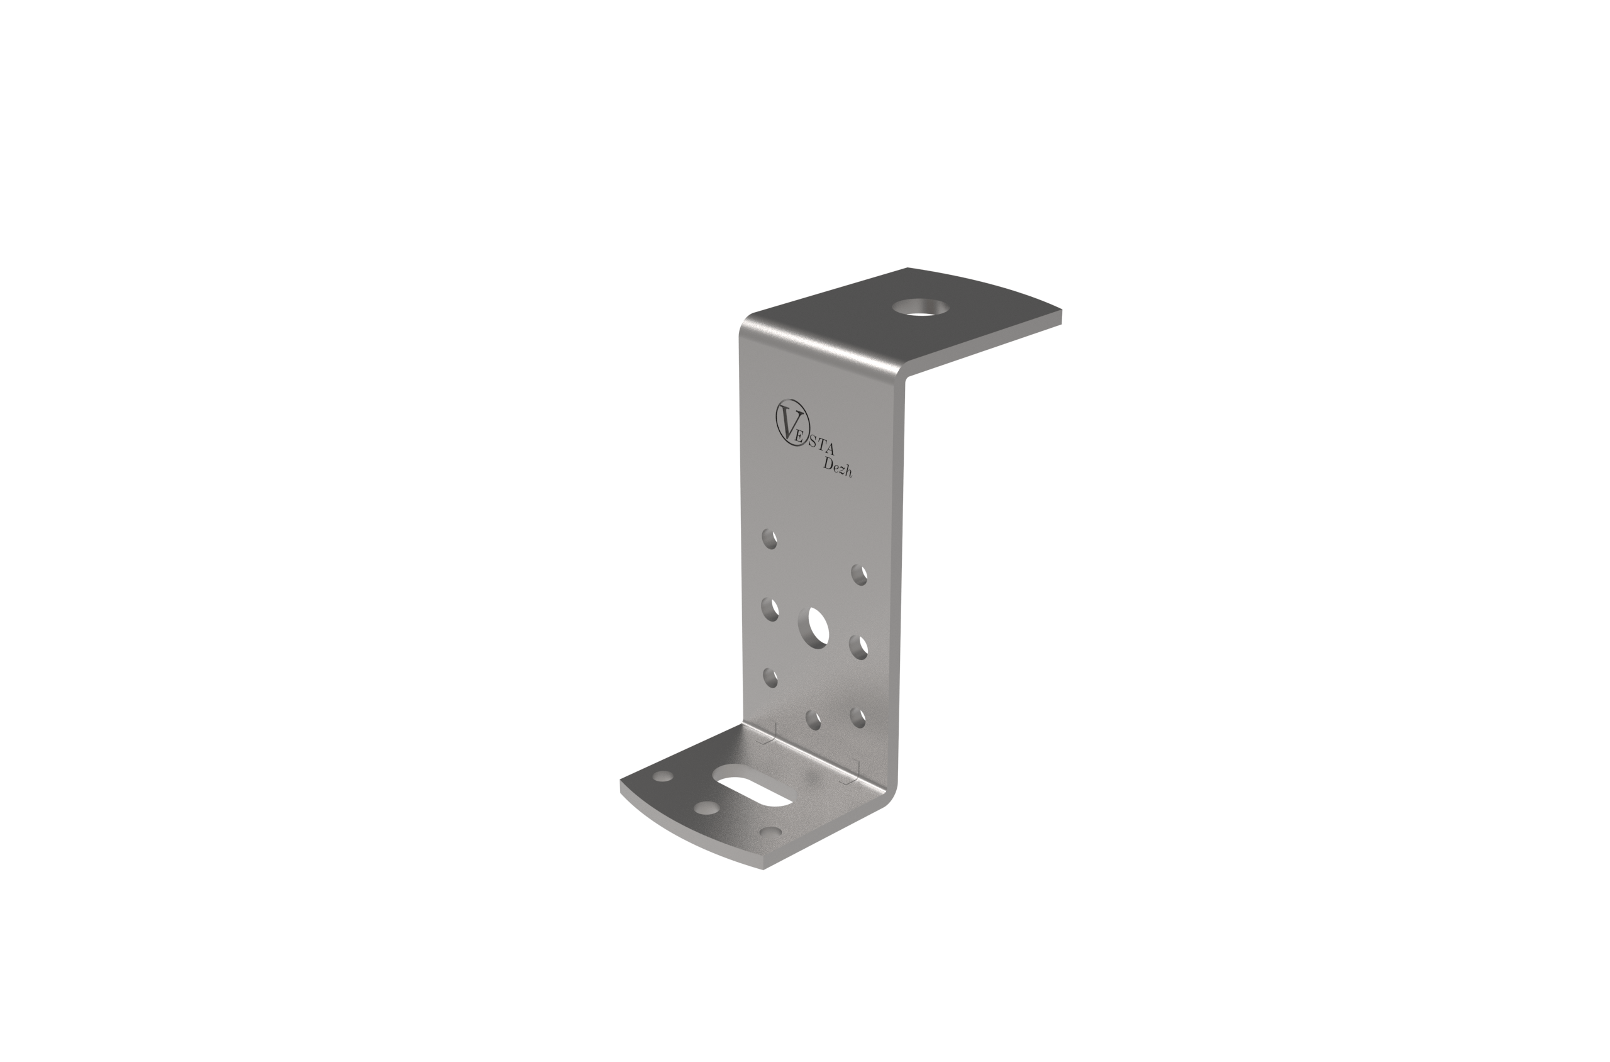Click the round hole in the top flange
920,308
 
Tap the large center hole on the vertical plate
813,627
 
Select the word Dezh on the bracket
838,467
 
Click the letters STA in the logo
821,446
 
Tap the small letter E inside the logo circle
798,437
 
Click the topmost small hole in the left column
769,539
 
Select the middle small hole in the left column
770,608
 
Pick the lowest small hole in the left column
770,678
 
